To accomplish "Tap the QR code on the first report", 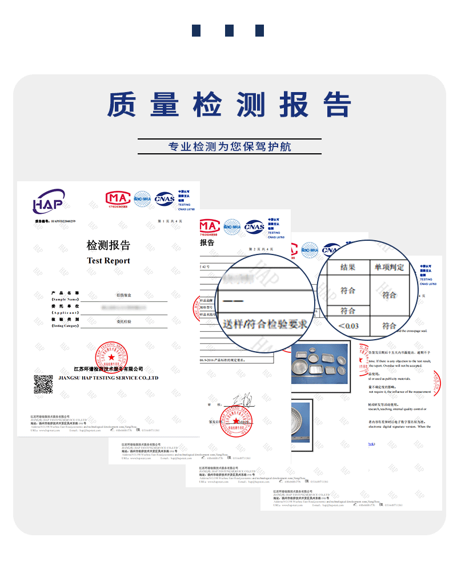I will [x=43, y=384].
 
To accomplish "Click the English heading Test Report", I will [x=109, y=261].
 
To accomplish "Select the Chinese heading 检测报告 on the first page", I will [x=109, y=245].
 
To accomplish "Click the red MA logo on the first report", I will [x=117, y=198].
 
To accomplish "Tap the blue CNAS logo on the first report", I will [x=165, y=198].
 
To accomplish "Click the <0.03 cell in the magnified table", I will [x=348, y=325].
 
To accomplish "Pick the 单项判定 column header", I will [x=390, y=267].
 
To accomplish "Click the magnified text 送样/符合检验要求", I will [x=266, y=324].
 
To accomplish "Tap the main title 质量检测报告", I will [x=228, y=105].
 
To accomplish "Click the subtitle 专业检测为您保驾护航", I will [x=229, y=147].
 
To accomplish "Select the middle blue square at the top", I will [x=229, y=30].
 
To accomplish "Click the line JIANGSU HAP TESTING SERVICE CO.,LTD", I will [x=109, y=378].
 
